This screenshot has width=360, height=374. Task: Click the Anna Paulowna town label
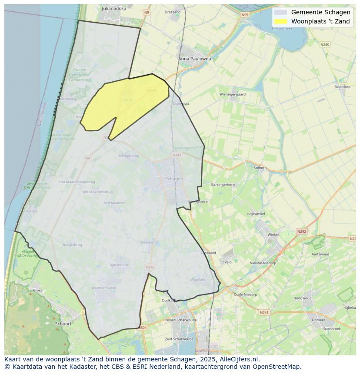tap(194, 59)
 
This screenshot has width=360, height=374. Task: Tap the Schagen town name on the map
tap(174, 179)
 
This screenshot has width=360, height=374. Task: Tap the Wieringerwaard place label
tap(232, 94)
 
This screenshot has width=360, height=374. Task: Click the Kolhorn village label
tap(260, 167)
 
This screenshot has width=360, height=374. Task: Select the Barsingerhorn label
tap(223, 185)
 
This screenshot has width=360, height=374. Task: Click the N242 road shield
tap(301, 232)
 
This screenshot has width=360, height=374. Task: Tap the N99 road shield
tap(245, 15)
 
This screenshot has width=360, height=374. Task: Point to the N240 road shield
tap(324, 44)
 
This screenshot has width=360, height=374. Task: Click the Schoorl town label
tap(63, 324)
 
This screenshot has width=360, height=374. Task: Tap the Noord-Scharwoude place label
tap(181, 320)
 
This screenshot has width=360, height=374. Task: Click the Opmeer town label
tap(318, 320)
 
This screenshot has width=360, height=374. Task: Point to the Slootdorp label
tap(342, 87)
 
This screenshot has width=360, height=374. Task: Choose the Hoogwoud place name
tap(302, 298)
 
